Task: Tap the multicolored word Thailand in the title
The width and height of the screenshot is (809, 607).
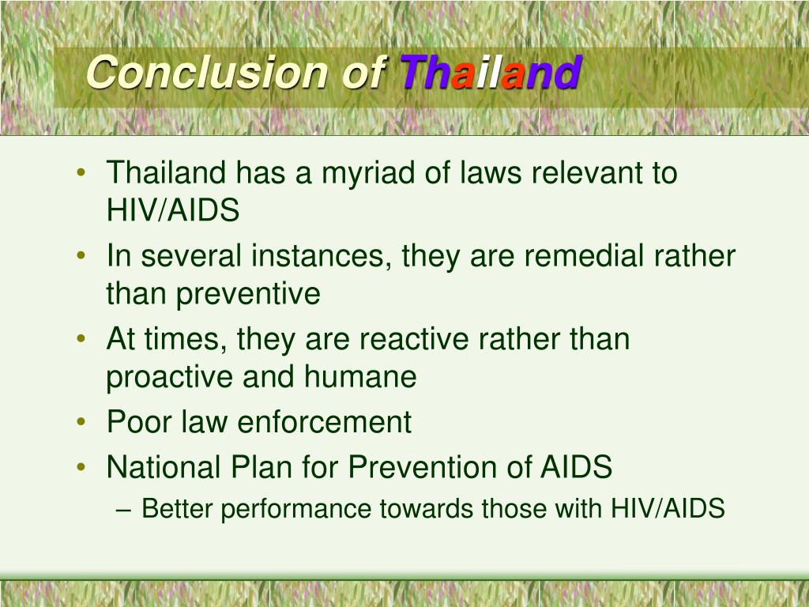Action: [x=491, y=73]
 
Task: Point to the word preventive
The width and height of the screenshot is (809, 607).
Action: [x=248, y=294]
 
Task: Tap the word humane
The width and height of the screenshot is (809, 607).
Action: [x=359, y=377]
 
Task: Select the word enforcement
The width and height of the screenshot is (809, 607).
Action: [x=324, y=422]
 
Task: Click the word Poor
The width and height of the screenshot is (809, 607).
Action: [x=138, y=422]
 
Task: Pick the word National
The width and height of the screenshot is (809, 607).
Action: [x=163, y=467]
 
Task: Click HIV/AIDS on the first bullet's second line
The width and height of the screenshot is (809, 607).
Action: [x=172, y=210]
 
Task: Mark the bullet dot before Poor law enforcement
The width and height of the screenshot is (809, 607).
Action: [x=83, y=423]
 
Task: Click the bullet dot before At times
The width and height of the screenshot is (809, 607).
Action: [x=83, y=340]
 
